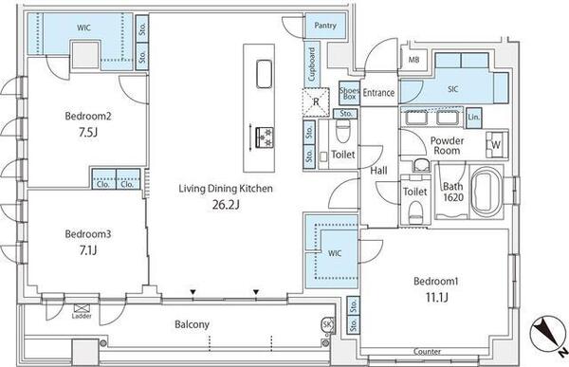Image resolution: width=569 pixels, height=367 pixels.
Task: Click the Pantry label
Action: click(x=325, y=26)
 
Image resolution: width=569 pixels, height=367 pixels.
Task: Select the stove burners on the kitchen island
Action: click(x=265, y=138)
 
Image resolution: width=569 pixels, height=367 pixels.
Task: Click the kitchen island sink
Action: click(x=265, y=74)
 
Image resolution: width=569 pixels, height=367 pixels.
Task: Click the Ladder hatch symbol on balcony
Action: click(x=82, y=308)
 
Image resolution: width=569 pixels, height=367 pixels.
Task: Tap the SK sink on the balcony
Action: click(x=327, y=324)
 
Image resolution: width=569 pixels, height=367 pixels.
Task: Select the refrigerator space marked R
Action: click(x=316, y=102)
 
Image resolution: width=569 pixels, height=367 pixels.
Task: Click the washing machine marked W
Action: click(x=496, y=144)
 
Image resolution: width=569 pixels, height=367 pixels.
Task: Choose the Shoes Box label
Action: click(x=349, y=93)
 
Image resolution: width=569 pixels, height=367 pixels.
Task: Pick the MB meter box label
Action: click(x=414, y=59)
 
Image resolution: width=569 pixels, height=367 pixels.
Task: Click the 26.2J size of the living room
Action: click(x=226, y=205)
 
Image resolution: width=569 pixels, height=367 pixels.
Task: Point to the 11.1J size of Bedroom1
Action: click(x=436, y=298)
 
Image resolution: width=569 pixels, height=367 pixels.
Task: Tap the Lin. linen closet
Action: click(x=473, y=118)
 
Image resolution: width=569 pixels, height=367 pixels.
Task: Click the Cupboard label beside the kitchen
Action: click(x=311, y=64)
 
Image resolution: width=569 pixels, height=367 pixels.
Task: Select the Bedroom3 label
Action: click(x=88, y=234)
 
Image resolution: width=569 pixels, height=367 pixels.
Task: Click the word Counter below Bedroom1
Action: click(x=427, y=352)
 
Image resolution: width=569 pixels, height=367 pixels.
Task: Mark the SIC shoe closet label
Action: click(x=453, y=89)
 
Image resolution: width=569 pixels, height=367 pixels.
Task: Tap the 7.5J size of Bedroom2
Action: click(x=88, y=132)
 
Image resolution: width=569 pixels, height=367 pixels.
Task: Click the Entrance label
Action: click(x=378, y=93)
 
